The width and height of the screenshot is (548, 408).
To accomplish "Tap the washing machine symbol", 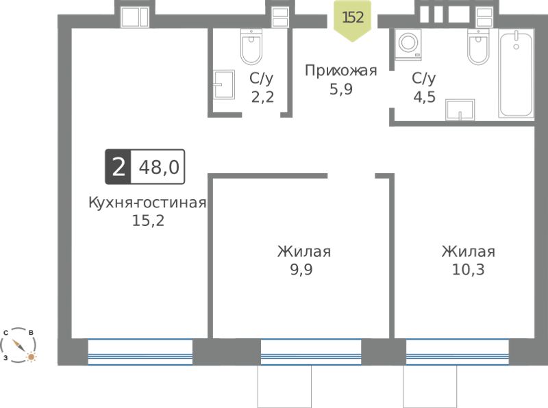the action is (x=408, y=44).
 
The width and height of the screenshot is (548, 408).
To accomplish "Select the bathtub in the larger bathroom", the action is (x=516, y=74).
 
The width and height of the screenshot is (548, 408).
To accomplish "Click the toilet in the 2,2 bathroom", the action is (x=251, y=47).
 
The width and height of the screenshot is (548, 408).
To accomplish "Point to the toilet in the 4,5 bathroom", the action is (x=478, y=47).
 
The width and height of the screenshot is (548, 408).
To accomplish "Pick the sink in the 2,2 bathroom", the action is (x=224, y=84).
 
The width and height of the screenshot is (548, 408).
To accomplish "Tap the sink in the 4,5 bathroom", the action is (x=460, y=110).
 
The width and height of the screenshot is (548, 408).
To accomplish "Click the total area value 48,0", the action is (x=159, y=167).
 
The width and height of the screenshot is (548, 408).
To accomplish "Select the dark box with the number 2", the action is (x=119, y=167).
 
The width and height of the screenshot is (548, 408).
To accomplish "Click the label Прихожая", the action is (x=340, y=71).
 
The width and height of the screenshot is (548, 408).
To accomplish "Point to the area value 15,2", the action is (x=148, y=220).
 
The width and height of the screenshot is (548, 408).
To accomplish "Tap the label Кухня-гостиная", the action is (x=147, y=202).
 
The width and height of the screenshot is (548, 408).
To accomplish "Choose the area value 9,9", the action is (x=301, y=269).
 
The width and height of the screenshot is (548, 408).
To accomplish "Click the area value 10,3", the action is (x=469, y=269).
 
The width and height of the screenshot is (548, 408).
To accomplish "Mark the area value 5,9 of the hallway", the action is (x=341, y=89).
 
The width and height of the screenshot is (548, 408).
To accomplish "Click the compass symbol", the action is (x=18, y=345).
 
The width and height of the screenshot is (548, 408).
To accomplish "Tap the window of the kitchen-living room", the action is (x=140, y=352).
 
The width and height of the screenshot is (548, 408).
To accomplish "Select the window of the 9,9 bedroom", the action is (x=311, y=352).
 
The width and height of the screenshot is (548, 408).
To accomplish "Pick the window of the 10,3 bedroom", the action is (x=457, y=352).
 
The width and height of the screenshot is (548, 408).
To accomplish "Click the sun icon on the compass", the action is (x=32, y=357).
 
